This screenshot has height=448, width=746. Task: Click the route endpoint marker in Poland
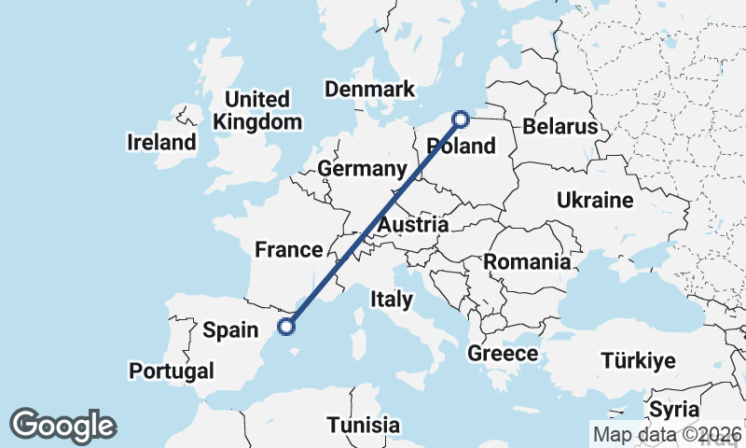[460, 119]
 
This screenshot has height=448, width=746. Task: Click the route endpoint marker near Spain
[286, 327]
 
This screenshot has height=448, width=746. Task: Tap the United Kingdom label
[257, 110]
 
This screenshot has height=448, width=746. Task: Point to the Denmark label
[369, 90]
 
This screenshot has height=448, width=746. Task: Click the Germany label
[363, 169]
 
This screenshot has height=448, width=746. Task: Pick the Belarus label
[559, 127]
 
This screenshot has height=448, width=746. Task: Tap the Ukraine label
[595, 200]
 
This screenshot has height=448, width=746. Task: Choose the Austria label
[413, 225]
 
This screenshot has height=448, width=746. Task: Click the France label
[289, 249]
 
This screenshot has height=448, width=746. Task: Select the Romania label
[527, 262]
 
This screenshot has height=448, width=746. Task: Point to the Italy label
[391, 300]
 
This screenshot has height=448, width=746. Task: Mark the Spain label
[229, 329]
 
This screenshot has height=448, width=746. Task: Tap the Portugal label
[172, 371]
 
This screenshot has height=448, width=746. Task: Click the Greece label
[503, 354]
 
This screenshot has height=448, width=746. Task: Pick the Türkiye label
[638, 361]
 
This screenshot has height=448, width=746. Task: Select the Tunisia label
[364, 425]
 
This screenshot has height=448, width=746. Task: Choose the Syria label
[673, 409]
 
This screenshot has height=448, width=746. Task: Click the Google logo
[62, 426]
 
